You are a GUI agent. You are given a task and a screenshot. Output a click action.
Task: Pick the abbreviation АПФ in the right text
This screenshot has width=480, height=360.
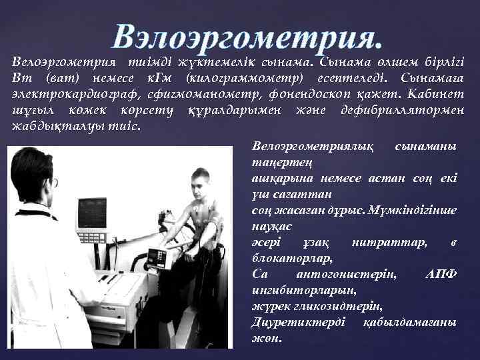tap(439, 275)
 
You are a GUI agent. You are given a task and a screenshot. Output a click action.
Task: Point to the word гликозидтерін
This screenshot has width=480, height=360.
tap(337, 306)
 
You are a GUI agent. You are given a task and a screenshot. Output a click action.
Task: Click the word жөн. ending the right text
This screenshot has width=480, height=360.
tap(267, 338)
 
